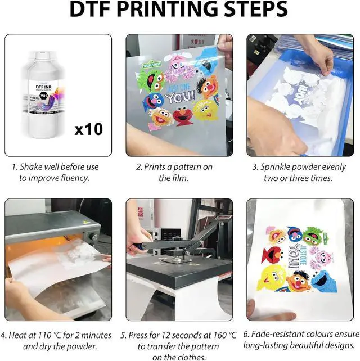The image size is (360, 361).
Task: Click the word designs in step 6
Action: [340, 345]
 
